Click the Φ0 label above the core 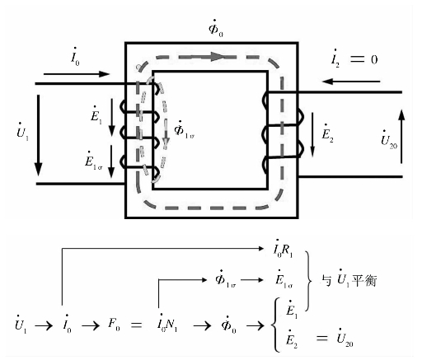216,28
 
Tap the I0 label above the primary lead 75,57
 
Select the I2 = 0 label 354,58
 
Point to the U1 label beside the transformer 22,132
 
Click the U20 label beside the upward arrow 389,140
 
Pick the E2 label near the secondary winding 327,133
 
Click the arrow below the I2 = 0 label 351,82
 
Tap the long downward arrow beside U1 39,135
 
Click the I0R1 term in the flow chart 283,249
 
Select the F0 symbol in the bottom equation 114,325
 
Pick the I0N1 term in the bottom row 167,324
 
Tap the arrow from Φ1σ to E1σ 252,280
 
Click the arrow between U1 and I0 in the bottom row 44,326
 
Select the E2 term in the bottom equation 291,339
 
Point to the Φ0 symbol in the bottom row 228,324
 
